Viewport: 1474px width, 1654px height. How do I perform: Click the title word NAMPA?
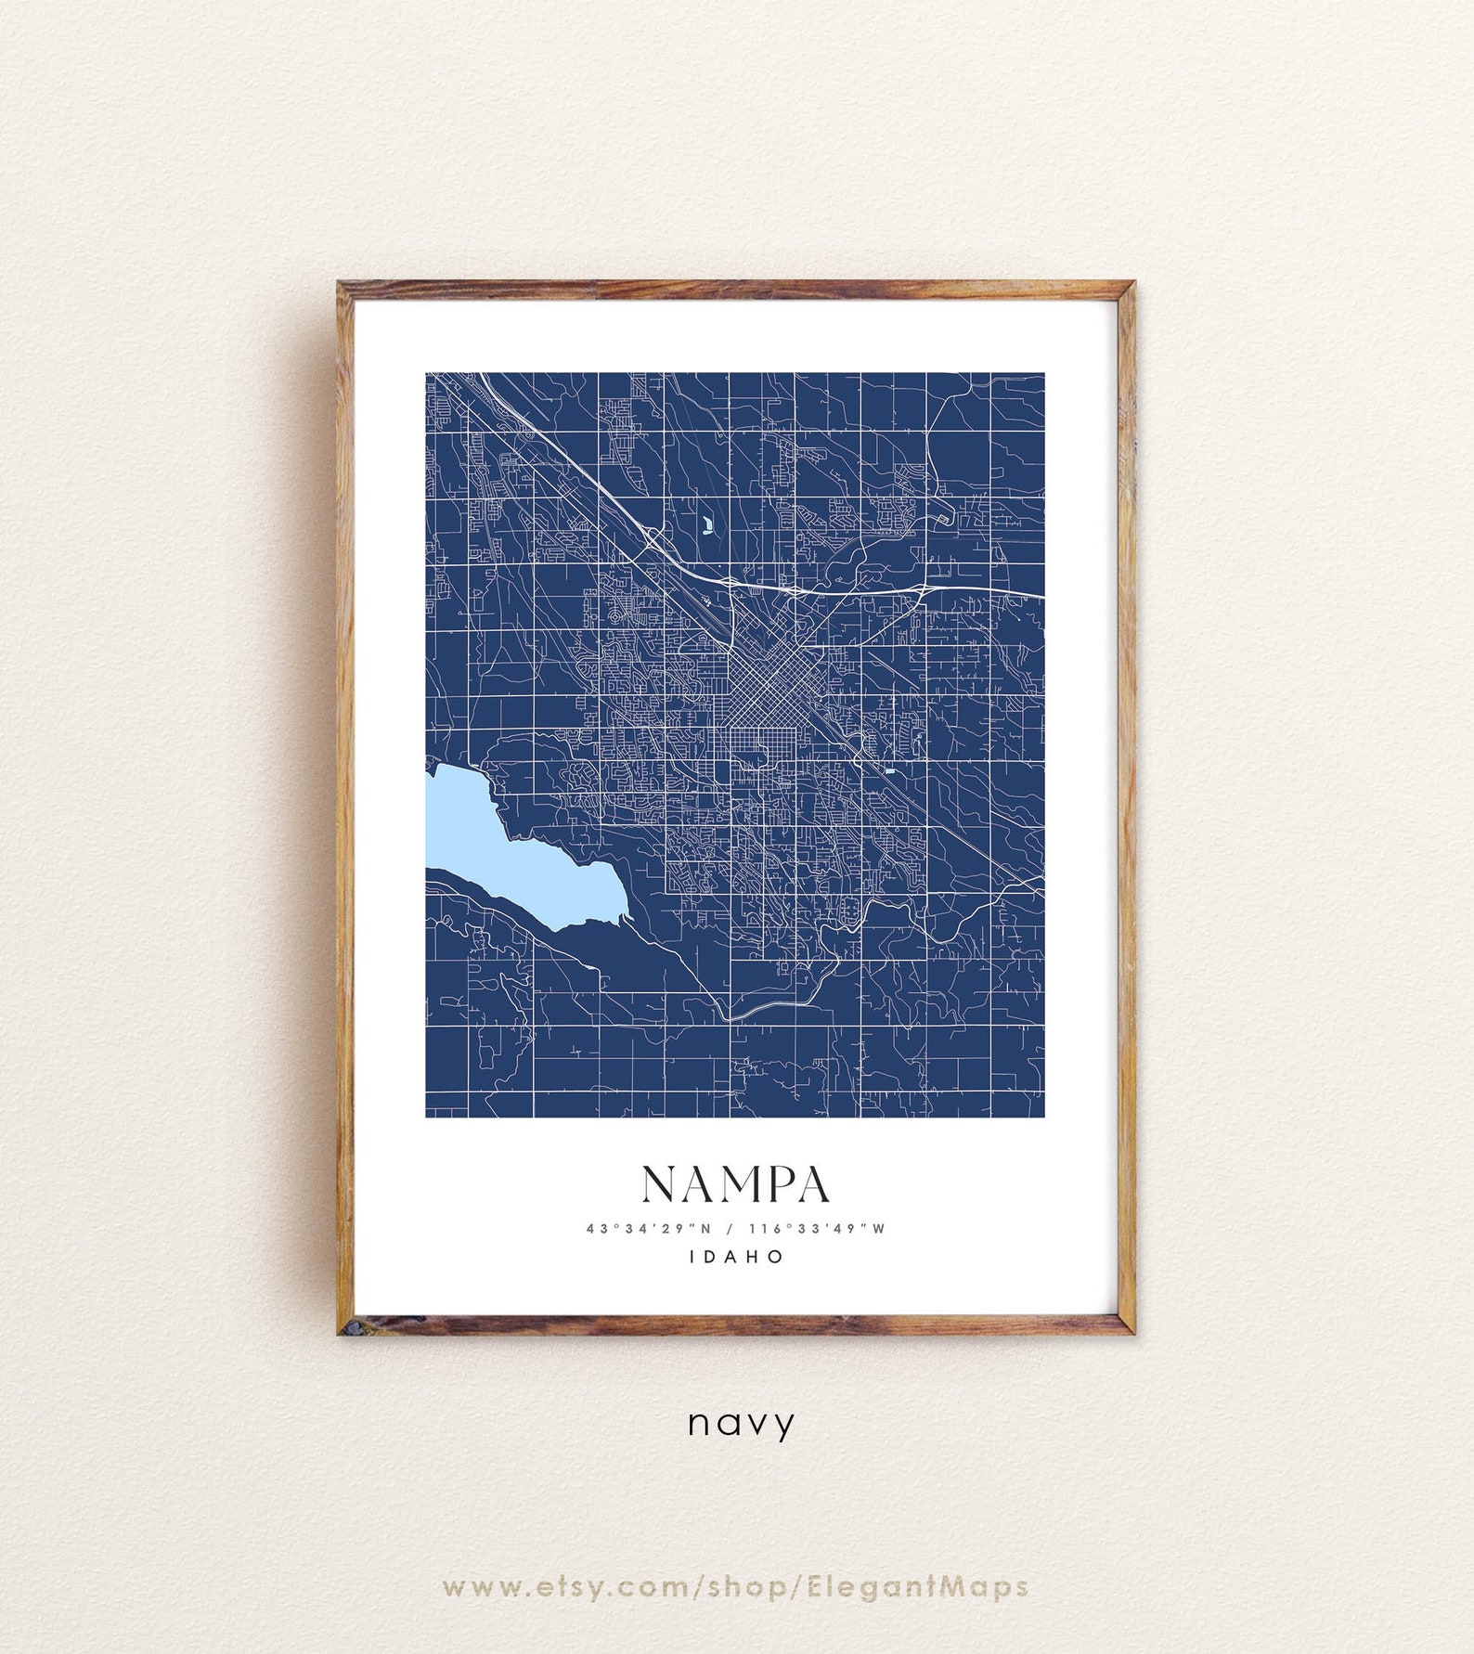coord(735,1184)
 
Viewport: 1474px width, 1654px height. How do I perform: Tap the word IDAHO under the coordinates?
coord(737,1257)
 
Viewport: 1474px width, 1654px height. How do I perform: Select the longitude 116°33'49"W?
coord(817,1229)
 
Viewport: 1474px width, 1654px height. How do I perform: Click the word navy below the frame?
coord(741,1423)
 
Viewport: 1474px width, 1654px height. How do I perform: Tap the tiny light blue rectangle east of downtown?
coord(889,771)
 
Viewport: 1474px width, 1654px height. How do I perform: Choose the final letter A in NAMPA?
coord(811,1184)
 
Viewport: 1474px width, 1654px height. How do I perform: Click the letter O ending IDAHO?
coord(777,1257)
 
